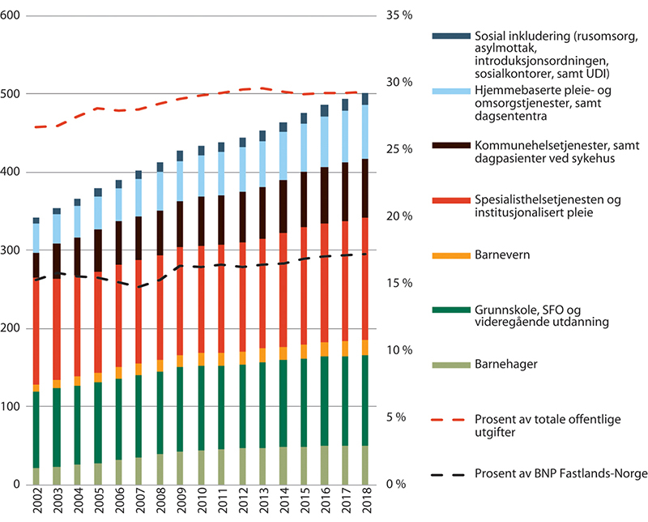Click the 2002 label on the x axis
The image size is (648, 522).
pyautogui.click(x=36, y=503)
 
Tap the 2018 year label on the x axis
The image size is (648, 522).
pyautogui.click(x=365, y=503)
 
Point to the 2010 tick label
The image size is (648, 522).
pyautogui.click(x=200, y=503)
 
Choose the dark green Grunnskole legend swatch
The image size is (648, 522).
pyautogui.click(x=449, y=310)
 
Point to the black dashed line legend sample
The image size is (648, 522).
pyautogui.click(x=449, y=473)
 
